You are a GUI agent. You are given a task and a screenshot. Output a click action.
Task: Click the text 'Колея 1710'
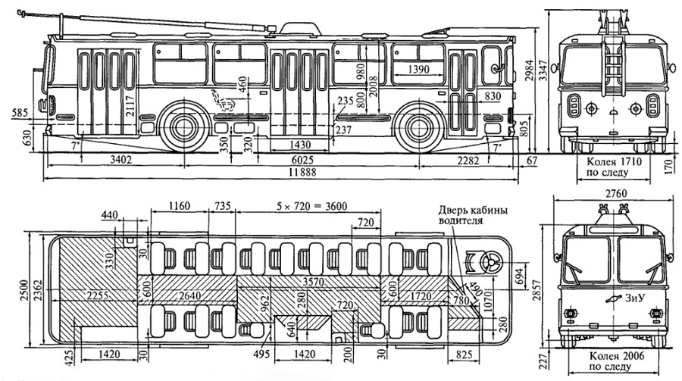[612, 161]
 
